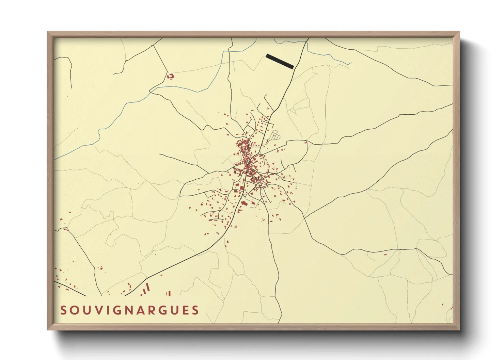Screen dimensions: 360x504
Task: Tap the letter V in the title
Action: pos(97,310)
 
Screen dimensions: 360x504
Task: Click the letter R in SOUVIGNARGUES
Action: pos(150,310)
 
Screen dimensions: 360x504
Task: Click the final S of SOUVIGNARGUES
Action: pos(195,310)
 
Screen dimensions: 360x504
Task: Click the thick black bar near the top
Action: pos(280,62)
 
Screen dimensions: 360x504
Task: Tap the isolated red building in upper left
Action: pos(170,76)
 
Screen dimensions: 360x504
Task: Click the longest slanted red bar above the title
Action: pos(148,288)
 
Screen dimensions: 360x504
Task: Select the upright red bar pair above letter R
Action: pos(168,293)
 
